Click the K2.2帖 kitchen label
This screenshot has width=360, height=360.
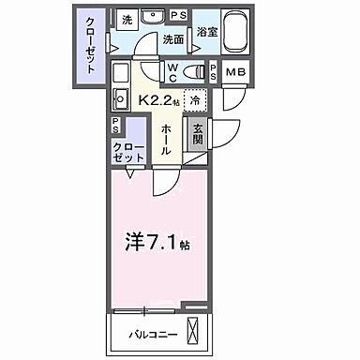157,97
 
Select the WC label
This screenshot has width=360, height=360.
175,72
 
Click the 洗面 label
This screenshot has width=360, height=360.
172,39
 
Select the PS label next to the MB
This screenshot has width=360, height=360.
215,72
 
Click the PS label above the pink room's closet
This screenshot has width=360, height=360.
114,125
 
